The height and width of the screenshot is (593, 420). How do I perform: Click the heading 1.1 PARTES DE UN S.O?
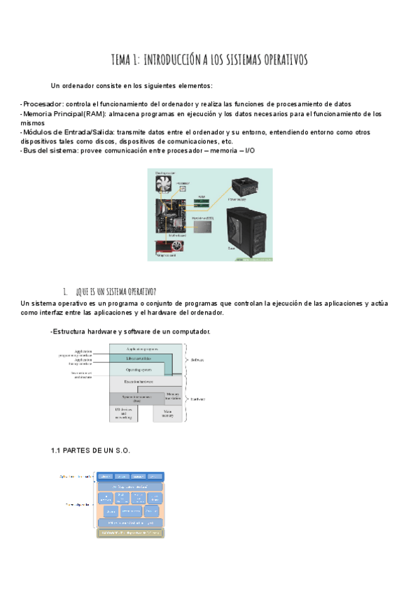tap(92, 450)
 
